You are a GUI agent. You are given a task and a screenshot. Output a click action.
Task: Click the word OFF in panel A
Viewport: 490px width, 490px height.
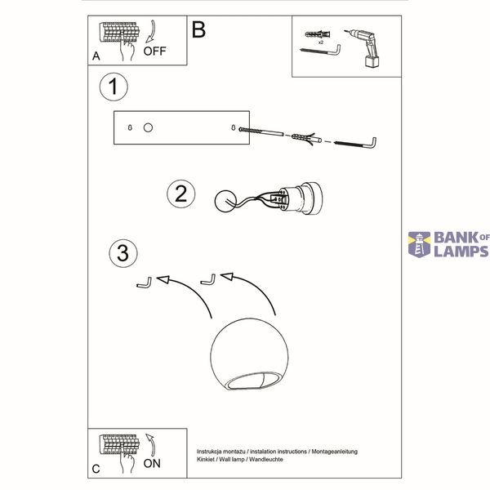click(154, 51)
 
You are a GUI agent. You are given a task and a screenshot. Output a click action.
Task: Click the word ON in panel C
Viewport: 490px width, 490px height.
click(152, 463)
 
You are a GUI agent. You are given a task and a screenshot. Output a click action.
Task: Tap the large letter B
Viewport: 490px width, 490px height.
click(198, 29)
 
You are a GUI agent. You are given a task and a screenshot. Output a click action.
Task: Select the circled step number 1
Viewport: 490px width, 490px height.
click(114, 87)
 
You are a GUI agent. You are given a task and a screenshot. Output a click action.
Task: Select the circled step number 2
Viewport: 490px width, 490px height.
click(181, 194)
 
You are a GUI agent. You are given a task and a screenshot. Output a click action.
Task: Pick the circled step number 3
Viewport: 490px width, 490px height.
click(123, 253)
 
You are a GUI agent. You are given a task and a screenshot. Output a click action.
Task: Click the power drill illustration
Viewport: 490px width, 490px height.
click(364, 48)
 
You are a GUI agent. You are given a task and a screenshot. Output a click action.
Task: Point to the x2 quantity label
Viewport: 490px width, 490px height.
click(321, 42)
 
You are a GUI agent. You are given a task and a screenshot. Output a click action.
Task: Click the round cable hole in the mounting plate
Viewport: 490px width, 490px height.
click(148, 127)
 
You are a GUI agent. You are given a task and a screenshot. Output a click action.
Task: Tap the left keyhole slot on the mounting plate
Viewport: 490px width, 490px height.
click(130, 127)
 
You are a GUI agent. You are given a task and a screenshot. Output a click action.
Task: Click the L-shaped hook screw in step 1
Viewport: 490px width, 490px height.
click(356, 143)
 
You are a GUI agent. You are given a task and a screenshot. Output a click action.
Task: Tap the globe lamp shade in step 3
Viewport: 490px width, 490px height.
click(249, 354)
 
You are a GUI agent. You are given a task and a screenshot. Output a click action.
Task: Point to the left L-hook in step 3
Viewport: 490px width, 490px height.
click(145, 283)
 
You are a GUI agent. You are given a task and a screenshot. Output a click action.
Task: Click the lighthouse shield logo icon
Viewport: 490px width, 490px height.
click(420, 245)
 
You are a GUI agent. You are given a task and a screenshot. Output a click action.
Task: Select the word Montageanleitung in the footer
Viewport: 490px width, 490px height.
click(334, 452)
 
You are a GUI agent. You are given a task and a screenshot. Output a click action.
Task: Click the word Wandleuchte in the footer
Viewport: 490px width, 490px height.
click(266, 459)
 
